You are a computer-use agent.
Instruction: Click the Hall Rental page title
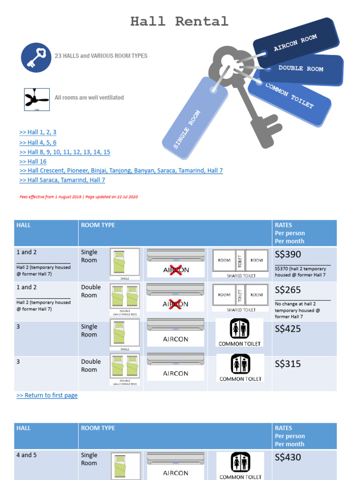tap(179, 22)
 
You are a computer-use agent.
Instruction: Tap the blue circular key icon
tap(36, 57)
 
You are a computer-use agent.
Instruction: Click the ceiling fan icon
tap(37, 99)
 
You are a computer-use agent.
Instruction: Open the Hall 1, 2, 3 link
tap(38, 132)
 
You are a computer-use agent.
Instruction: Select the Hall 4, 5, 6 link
tap(38, 142)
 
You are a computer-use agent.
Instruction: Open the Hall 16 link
tap(33, 161)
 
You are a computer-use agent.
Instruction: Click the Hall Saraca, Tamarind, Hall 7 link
tap(62, 180)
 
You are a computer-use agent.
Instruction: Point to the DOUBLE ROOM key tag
tap(301, 69)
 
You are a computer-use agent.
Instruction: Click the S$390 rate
tap(288, 255)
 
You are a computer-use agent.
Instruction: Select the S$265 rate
tap(288, 290)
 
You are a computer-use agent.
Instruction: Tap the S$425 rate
tap(288, 329)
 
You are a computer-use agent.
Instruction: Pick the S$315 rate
tap(288, 364)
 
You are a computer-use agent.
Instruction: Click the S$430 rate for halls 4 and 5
tap(288, 457)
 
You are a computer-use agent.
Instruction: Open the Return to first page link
tap(47, 396)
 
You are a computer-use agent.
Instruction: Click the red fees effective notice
tap(79, 197)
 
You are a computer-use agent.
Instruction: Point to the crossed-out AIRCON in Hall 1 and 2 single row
tap(176, 270)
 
